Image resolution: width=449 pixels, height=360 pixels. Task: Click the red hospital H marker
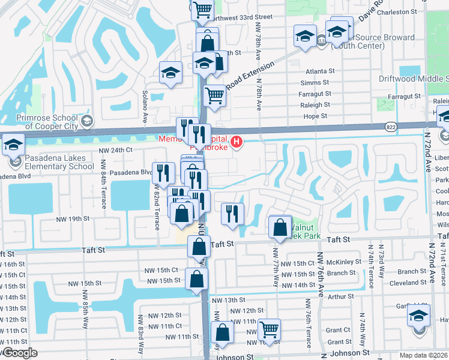(237, 142)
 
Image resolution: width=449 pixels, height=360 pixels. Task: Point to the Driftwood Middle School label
(413, 79)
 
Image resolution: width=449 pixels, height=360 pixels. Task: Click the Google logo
(20, 353)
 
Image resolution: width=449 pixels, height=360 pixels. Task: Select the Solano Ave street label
(145, 107)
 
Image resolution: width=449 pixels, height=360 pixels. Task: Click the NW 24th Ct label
(116, 149)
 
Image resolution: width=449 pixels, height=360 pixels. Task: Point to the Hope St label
(315, 116)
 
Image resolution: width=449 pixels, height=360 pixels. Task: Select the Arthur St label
(341, 296)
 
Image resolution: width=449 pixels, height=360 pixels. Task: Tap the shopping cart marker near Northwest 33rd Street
(203, 8)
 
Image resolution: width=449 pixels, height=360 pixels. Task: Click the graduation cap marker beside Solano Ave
(170, 73)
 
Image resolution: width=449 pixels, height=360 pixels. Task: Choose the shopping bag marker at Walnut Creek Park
(280, 227)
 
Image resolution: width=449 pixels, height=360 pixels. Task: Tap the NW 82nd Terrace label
(157, 208)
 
